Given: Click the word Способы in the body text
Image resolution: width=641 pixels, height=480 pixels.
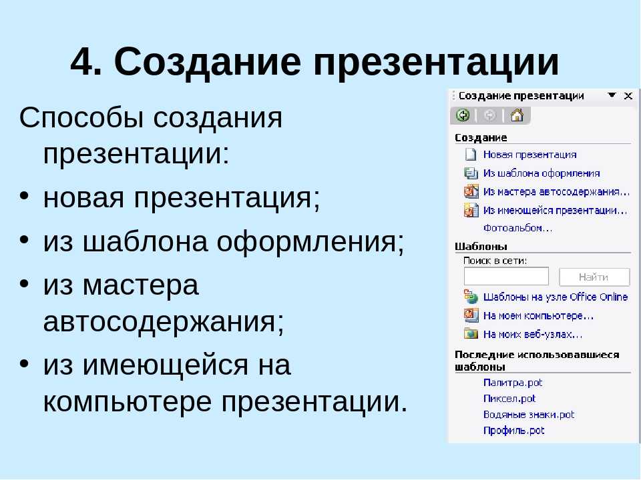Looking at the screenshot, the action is click(81, 119).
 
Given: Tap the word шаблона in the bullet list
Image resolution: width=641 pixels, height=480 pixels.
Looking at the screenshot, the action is click(145, 241).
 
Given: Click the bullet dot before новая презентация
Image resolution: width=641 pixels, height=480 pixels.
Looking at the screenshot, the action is click(24, 195).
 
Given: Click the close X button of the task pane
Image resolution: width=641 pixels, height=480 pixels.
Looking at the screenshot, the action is click(628, 96).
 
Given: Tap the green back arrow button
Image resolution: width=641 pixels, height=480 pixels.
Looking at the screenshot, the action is click(463, 115).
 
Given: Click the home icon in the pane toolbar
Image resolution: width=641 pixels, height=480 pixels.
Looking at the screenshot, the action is click(517, 115).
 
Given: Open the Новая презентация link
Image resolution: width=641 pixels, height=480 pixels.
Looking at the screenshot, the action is click(529, 155).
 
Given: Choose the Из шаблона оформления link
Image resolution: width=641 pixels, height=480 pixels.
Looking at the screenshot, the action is click(542, 173).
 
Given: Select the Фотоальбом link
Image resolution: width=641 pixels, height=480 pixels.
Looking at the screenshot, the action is click(518, 228).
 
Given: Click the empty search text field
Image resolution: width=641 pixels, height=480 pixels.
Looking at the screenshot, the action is click(506, 277).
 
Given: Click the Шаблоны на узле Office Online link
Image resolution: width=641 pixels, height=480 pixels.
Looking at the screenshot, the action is click(556, 297).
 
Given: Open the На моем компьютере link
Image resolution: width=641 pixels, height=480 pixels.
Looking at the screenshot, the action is click(538, 316).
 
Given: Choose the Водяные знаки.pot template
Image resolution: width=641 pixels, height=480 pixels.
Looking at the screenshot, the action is click(529, 415).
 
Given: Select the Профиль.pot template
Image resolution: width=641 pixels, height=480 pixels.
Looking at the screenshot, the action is click(514, 431).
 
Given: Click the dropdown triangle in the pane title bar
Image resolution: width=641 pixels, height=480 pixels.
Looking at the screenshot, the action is click(612, 95).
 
